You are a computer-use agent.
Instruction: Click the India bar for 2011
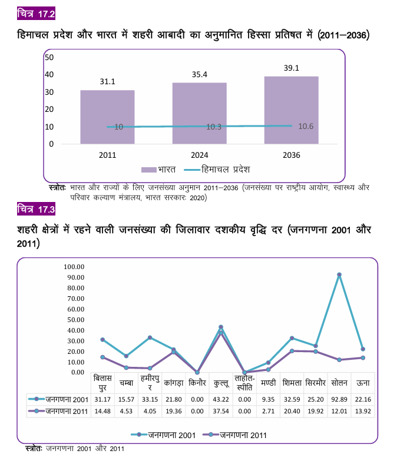pyautogui.click(x=107, y=117)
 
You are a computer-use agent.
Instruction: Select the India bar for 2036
pyautogui.click(x=292, y=110)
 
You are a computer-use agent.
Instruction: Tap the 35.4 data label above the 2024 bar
pyautogui.click(x=200, y=75)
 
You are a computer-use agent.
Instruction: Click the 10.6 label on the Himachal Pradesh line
pyautogui.click(x=306, y=126)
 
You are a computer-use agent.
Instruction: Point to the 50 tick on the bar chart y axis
pyautogui.click(x=49, y=57)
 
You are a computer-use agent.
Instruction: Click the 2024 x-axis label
pyautogui.click(x=200, y=155)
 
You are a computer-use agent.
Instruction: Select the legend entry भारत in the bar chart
pyautogui.click(x=158, y=170)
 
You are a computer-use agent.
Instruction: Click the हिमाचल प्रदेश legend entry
pyautogui.click(x=217, y=170)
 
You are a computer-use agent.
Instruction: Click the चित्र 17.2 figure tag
pyautogui.click(x=36, y=14)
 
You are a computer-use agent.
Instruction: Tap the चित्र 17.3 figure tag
pyautogui.click(x=36, y=209)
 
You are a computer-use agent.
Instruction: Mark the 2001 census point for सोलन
pyautogui.click(x=339, y=274)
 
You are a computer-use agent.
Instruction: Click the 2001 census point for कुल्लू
pyautogui.click(x=221, y=327)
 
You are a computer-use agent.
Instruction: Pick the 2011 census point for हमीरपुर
pyautogui.click(x=150, y=368)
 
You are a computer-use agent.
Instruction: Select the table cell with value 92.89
pyautogui.click(x=339, y=400)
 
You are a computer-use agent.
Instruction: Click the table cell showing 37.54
pyautogui.click(x=221, y=411)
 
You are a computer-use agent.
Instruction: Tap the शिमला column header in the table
pyautogui.click(x=292, y=383)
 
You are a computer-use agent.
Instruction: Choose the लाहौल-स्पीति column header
pyautogui.click(x=244, y=383)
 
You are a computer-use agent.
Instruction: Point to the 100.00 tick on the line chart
pyautogui.click(x=74, y=267)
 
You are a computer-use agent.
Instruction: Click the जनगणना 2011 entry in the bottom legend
pyautogui.click(x=234, y=435)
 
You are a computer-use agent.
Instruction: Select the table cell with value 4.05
pyautogui.click(x=150, y=411)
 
